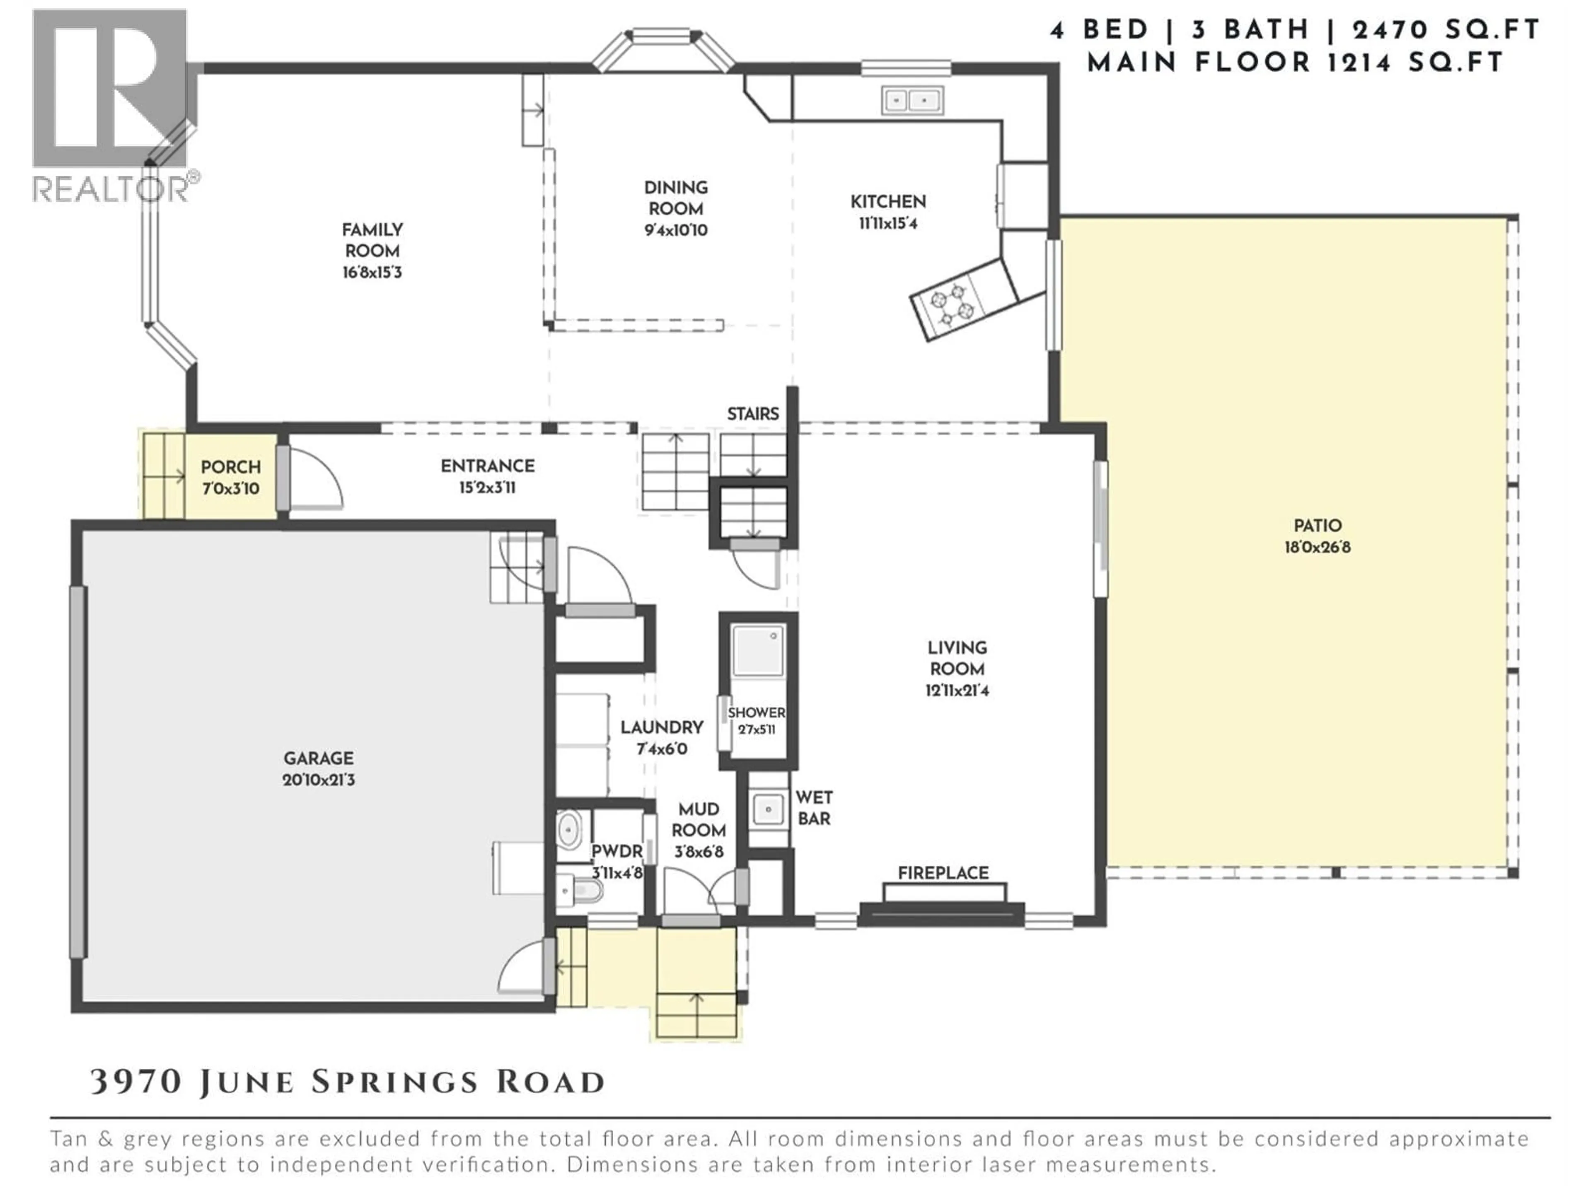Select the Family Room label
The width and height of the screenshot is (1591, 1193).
click(x=372, y=240)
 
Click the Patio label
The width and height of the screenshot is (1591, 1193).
click(x=1317, y=526)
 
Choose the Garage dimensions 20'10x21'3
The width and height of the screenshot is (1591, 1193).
click(x=319, y=780)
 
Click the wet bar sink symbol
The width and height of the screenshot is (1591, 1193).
click(x=768, y=810)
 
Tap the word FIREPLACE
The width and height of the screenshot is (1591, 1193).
click(x=943, y=873)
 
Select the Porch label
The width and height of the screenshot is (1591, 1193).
click(x=230, y=467)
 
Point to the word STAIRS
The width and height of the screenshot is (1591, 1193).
click(x=752, y=413)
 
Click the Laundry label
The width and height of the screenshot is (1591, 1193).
click(x=662, y=727)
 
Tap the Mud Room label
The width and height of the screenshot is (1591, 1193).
click(x=699, y=820)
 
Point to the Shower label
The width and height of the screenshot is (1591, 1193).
click(x=756, y=712)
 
